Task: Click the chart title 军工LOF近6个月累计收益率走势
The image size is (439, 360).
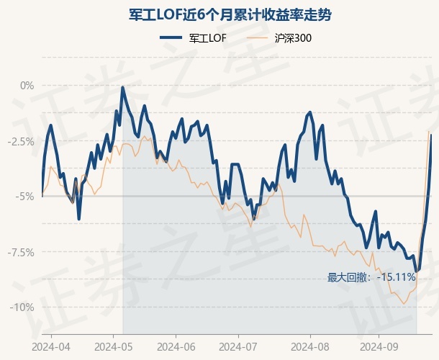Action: click(220, 14)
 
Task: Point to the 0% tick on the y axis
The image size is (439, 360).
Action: click(27, 86)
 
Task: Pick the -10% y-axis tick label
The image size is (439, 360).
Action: click(23, 307)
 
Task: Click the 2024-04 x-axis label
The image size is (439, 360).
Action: click(51, 346)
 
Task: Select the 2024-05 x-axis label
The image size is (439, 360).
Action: click(114, 346)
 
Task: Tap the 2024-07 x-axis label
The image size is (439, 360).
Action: click(240, 346)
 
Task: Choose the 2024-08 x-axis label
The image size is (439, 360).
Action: click(309, 346)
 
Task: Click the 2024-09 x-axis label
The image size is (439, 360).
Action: click(380, 346)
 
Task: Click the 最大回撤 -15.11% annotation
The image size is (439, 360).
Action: click(371, 277)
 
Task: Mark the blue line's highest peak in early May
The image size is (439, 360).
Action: click(123, 88)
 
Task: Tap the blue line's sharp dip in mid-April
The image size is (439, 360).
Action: click(79, 218)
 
